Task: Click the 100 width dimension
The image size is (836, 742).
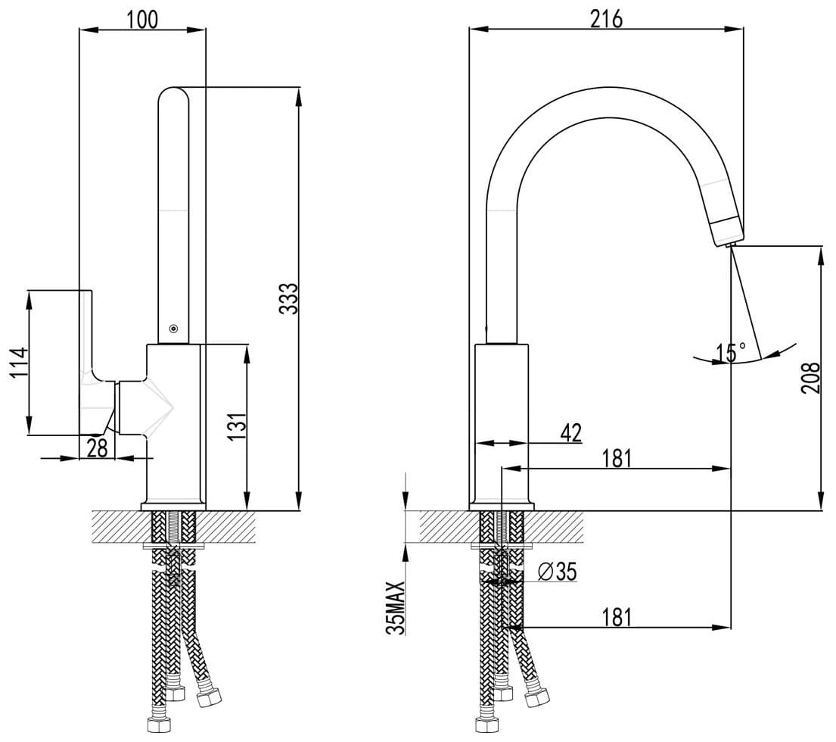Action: [142, 19]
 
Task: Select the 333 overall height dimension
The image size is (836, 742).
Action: [288, 299]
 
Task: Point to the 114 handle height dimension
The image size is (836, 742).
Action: [19, 363]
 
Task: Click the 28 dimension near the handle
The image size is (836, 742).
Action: [97, 448]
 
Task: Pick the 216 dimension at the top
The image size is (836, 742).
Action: [606, 19]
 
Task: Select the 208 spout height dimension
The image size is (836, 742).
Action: [811, 378]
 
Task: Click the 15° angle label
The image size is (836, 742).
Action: [731, 352]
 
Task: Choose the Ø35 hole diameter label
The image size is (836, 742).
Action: [557, 572]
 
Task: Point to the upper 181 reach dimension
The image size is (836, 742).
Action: [617, 458]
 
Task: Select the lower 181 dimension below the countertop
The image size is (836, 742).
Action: [617, 617]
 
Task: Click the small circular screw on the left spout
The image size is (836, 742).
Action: [173, 329]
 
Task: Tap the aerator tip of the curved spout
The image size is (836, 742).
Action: [729, 230]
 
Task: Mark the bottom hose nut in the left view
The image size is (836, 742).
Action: [158, 725]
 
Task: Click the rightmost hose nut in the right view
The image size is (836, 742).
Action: [536, 697]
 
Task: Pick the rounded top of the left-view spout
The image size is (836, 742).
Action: [174, 96]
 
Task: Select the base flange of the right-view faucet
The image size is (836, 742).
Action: [502, 507]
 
